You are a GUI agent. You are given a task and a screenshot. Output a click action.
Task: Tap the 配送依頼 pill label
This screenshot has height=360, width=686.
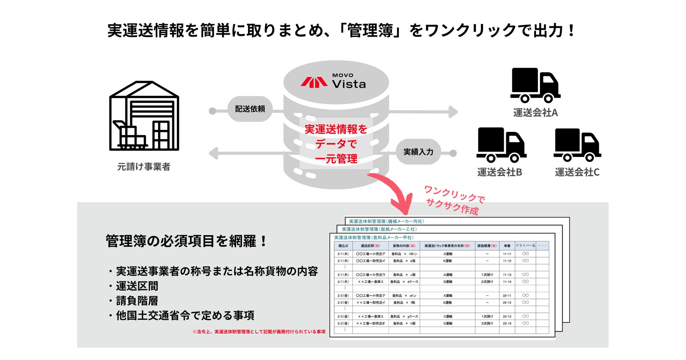[250, 109]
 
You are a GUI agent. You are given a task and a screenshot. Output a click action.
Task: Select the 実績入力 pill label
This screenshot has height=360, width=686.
[418, 152]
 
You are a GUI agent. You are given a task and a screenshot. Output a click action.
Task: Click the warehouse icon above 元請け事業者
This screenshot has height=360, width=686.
[144, 116]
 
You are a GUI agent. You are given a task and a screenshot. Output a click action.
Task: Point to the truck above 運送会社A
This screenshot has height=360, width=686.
[535, 85]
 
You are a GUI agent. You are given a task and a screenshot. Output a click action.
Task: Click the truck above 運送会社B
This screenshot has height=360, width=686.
[501, 145]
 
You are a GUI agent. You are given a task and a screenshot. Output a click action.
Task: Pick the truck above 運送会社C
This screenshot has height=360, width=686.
[577, 145]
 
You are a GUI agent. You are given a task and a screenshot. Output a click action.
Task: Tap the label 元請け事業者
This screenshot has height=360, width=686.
[144, 167]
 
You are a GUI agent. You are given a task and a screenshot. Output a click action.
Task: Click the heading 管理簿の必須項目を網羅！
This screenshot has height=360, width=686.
[186, 241]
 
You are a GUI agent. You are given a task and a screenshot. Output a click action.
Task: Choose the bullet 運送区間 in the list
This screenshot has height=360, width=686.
[137, 286]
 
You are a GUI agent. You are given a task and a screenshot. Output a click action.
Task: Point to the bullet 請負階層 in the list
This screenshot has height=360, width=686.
[137, 301]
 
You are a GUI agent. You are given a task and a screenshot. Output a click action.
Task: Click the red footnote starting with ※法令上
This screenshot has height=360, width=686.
[259, 332]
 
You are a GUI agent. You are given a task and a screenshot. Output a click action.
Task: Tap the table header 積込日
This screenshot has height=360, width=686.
[343, 246]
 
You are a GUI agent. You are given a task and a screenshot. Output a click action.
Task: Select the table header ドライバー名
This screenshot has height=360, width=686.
[525, 246]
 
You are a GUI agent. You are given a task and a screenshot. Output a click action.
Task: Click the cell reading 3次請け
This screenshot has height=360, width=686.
[487, 323]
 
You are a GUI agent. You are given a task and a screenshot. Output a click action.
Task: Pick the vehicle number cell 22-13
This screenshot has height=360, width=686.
[507, 317]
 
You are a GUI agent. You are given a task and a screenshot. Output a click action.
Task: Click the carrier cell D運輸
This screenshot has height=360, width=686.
[448, 323]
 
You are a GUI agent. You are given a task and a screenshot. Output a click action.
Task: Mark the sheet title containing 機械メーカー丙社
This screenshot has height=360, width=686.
[386, 222]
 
